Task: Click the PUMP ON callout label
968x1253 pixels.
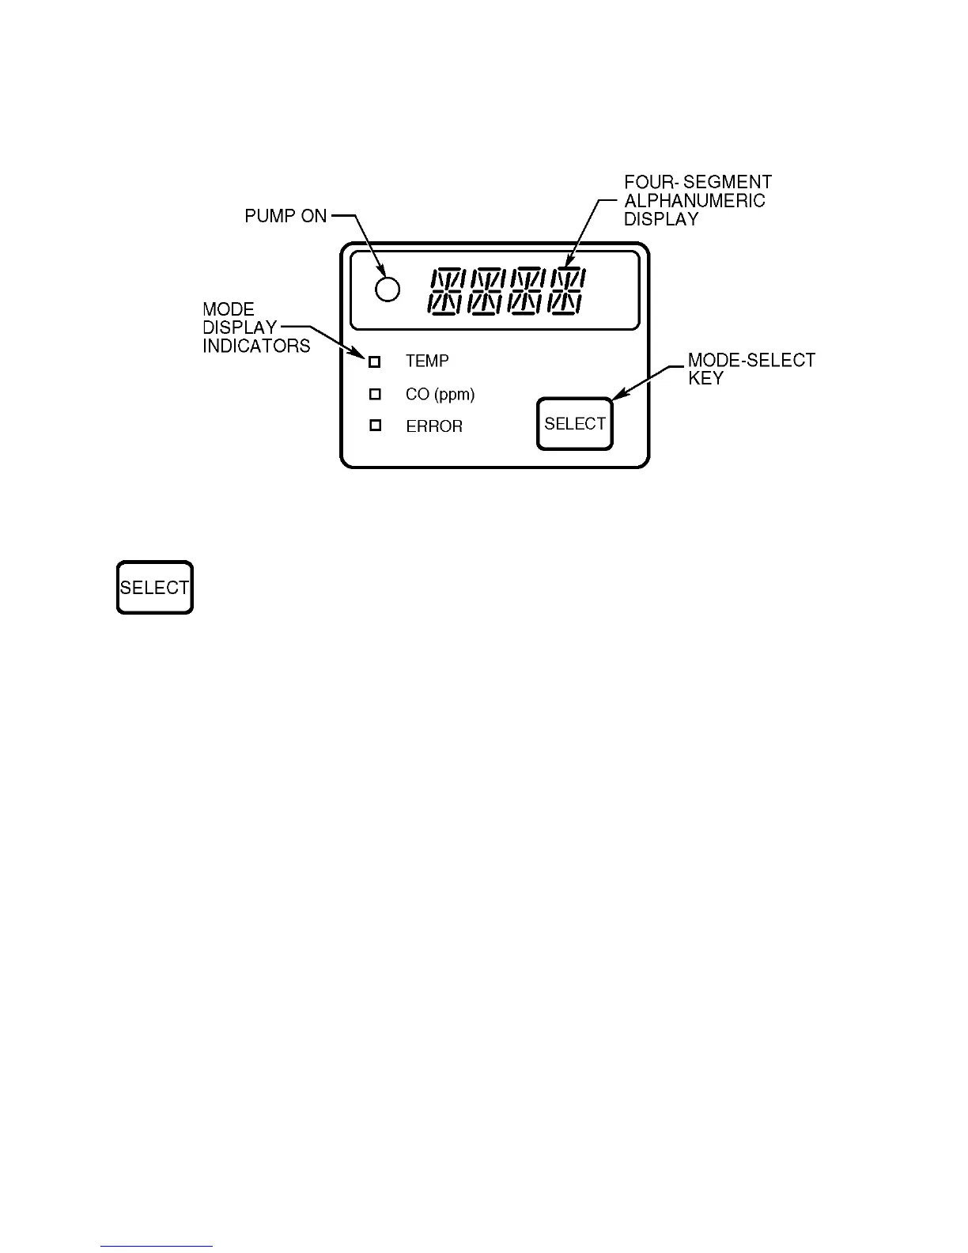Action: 285,216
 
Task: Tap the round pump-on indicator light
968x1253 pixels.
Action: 388,290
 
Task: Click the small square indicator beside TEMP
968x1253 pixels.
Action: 376,362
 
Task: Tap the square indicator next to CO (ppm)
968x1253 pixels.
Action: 376,394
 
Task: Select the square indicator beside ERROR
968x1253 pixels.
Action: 376,426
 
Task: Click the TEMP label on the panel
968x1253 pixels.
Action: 427,362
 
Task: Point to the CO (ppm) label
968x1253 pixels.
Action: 440,394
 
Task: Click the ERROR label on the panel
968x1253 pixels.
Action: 434,426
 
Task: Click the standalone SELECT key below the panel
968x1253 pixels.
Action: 155,588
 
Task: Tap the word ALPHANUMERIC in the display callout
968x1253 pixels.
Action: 695,201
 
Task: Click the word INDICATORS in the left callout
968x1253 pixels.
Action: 256,346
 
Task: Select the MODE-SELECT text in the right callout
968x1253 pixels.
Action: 751,361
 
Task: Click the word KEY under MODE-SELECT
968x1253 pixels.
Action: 705,379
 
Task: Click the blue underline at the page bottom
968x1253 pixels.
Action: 157,1247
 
